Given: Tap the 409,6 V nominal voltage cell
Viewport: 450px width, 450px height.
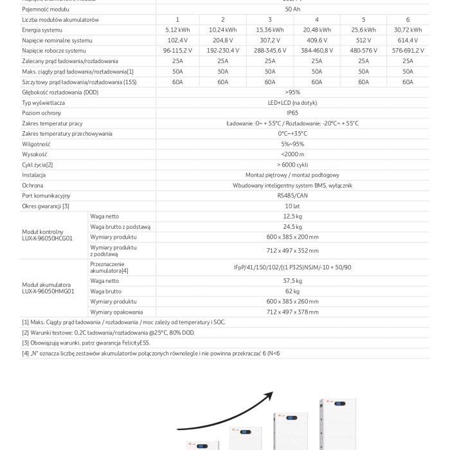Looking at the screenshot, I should [x=315, y=40].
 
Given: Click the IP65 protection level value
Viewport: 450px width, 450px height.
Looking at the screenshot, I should [x=292, y=113].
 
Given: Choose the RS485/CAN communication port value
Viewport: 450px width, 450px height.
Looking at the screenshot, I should [x=292, y=195].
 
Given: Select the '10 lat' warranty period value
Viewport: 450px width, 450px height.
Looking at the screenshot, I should [x=292, y=206].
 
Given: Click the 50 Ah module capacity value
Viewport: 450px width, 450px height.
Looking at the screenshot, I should [x=292, y=9].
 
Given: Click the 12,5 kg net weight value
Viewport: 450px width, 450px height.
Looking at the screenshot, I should [x=292, y=216].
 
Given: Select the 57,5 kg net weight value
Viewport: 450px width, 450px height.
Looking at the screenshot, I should [x=292, y=281].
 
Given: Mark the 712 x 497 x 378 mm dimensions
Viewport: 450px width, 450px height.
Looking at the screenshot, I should [x=292, y=312].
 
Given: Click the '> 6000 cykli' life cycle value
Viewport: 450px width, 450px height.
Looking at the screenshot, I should [x=292, y=165].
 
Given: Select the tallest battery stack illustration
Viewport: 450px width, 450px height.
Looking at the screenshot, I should [x=332, y=426].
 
